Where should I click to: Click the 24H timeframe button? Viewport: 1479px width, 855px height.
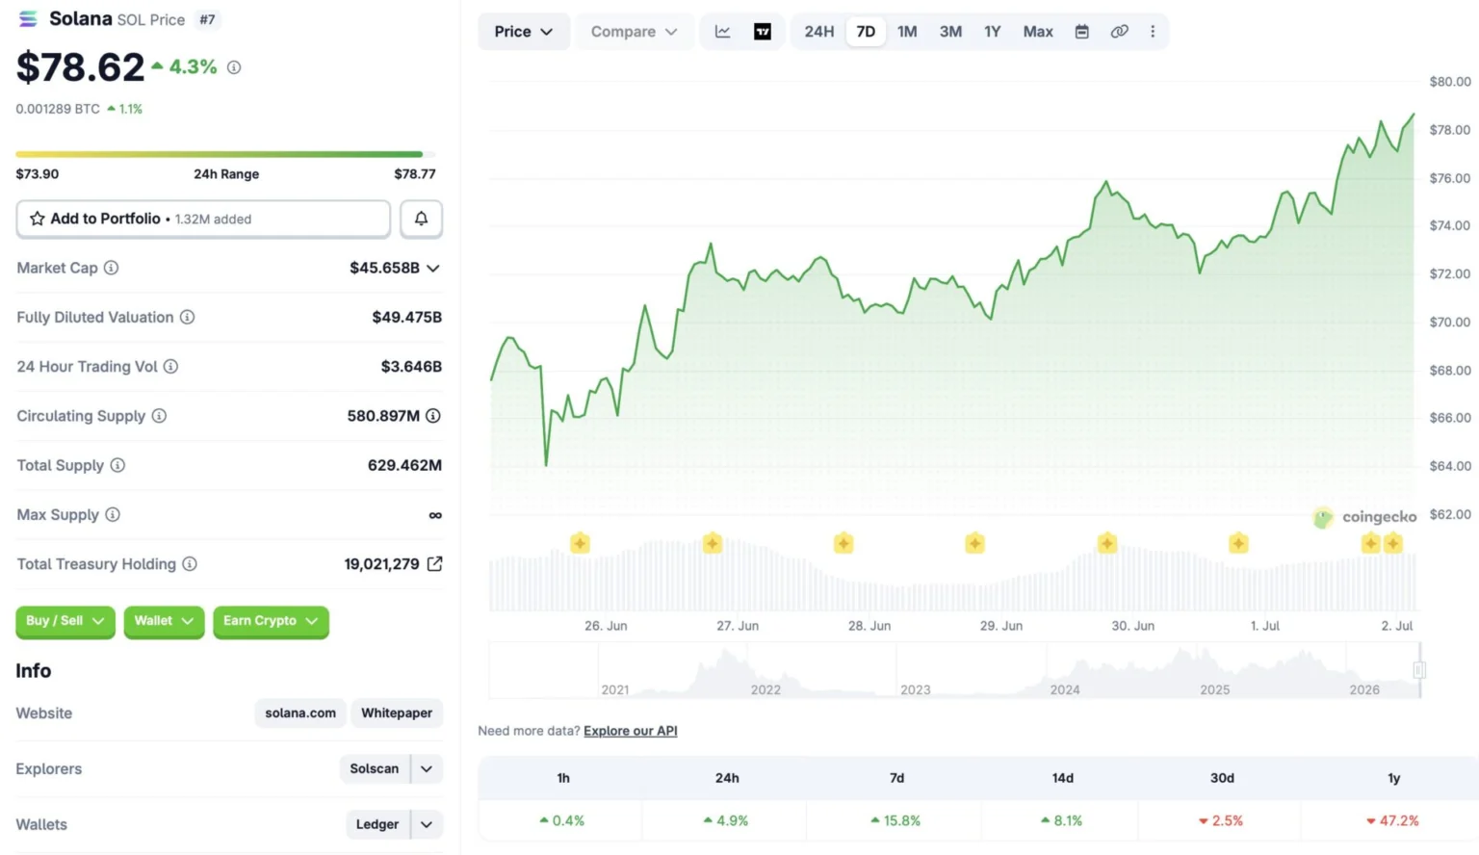[818, 32]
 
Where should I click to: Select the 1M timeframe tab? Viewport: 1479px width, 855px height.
[906, 32]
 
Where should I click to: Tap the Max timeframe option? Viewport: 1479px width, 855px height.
[1037, 32]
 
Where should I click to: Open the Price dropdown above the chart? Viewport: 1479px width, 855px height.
[523, 32]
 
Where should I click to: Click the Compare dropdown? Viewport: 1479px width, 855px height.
[634, 32]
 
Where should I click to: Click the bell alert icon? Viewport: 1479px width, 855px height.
[421, 219]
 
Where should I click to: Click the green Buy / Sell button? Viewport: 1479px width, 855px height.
[65, 621]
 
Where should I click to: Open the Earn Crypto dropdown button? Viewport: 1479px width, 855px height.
[271, 621]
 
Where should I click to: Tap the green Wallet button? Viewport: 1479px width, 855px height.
[164, 621]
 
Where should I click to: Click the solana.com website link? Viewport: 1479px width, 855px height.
[300, 713]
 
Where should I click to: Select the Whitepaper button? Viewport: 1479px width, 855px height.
[396, 713]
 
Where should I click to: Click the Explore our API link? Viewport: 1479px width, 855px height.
[631, 731]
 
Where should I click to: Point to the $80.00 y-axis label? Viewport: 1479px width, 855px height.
[1450, 82]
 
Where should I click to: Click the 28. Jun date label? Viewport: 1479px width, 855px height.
[869, 626]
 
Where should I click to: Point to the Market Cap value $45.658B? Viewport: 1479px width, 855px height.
[384, 268]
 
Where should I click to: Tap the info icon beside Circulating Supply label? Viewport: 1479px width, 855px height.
[159, 416]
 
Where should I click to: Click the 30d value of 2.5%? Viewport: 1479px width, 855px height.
[1221, 820]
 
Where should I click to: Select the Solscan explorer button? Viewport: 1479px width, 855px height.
[375, 768]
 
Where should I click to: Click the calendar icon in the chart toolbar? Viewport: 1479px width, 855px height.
[1081, 32]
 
